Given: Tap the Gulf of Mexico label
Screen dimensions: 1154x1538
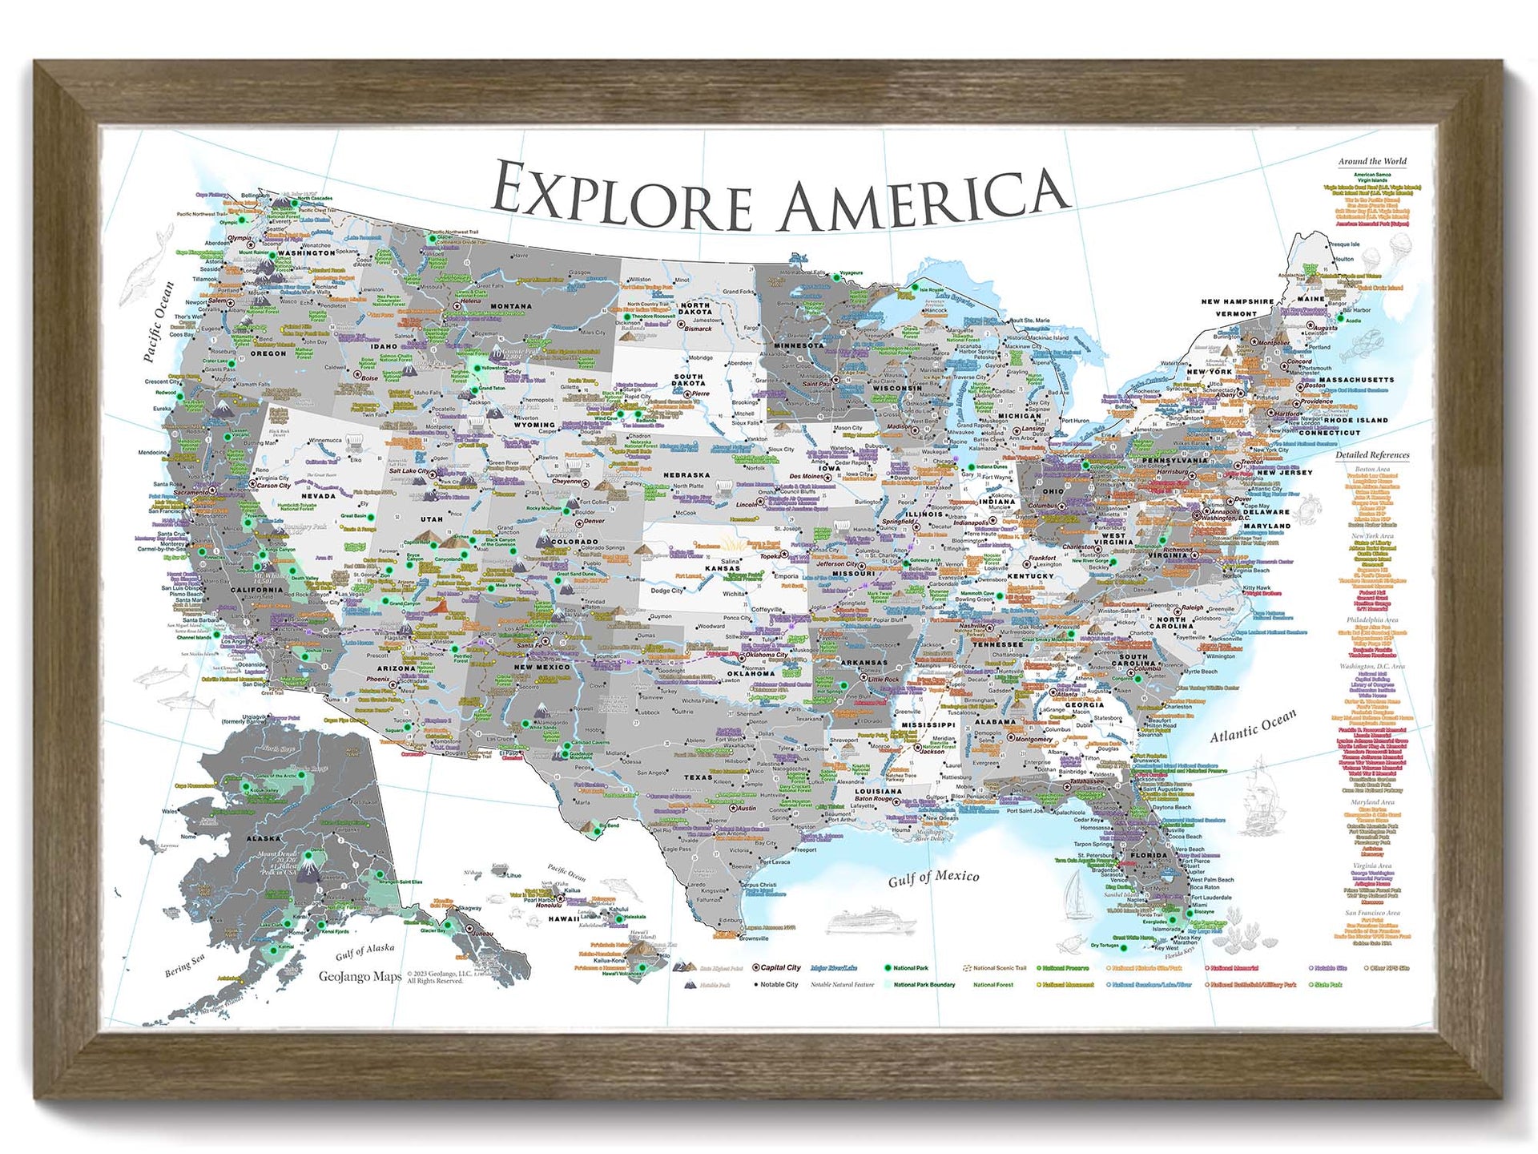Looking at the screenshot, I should tap(933, 878).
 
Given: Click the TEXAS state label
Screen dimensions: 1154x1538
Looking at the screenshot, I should tap(698, 777).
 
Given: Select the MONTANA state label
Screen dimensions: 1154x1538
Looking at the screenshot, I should tap(510, 306).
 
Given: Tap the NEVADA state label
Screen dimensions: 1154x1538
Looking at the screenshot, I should tap(318, 496).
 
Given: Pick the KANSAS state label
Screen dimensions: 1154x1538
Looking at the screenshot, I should tap(721, 568).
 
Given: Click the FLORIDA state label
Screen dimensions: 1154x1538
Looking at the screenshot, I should tap(1148, 855).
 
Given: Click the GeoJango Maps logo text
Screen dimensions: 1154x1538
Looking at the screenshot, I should tap(360, 976).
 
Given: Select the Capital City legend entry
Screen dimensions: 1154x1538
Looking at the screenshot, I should tap(780, 967).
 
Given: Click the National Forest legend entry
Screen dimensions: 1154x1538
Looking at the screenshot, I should tap(993, 985).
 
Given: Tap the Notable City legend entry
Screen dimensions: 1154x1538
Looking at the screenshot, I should tap(779, 985).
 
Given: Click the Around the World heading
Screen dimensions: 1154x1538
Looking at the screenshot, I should tap(1371, 161).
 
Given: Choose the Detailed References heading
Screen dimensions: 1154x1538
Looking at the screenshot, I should tap(1371, 454).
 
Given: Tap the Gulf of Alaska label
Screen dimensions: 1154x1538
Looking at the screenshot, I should tap(364, 951).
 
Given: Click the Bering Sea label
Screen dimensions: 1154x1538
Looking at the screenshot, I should tap(185, 964).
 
